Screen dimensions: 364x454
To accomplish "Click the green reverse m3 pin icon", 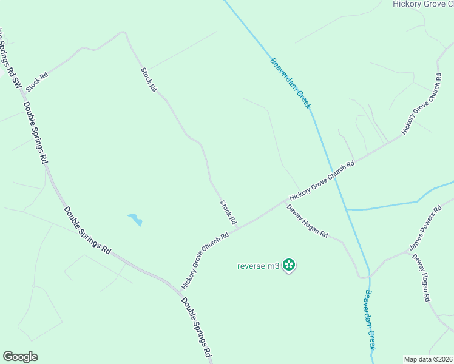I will (290, 265).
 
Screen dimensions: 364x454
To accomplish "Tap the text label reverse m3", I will (258, 265).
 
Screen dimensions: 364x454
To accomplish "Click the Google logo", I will (20, 357).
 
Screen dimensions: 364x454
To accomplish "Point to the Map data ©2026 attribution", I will (428, 359).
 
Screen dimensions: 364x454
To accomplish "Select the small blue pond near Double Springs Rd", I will (135, 219).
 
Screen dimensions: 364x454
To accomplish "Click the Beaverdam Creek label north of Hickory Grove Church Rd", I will (291, 83).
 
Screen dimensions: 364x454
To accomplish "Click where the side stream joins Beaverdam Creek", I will (346, 209).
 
